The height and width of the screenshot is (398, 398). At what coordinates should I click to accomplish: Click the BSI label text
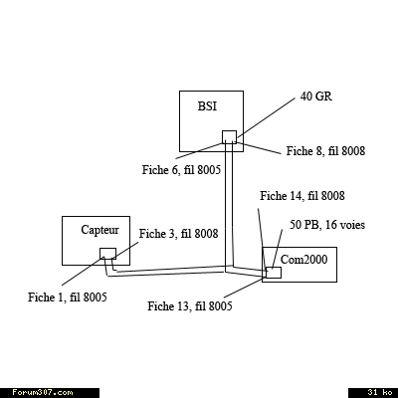(x=207, y=106)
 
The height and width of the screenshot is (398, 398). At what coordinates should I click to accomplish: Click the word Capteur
(x=99, y=230)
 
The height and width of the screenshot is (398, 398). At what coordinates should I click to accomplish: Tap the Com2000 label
(x=303, y=259)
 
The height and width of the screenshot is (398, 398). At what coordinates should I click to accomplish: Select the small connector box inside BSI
(x=229, y=137)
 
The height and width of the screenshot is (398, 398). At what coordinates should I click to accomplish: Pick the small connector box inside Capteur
(x=108, y=254)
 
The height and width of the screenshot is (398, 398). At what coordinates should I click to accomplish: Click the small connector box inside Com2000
(x=274, y=273)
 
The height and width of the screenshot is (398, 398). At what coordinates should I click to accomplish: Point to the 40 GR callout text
(x=316, y=97)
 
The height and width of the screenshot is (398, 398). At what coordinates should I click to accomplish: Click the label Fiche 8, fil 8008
(x=325, y=151)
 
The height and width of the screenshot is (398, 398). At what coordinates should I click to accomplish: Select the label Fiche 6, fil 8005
(x=181, y=170)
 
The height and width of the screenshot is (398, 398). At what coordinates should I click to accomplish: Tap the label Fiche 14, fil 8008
(x=302, y=196)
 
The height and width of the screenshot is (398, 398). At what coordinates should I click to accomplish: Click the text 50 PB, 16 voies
(x=327, y=225)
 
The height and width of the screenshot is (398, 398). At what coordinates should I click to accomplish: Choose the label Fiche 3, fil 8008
(x=178, y=234)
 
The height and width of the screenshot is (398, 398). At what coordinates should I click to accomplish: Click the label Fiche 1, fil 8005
(x=68, y=298)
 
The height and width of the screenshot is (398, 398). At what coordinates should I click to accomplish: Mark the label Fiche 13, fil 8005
(x=190, y=306)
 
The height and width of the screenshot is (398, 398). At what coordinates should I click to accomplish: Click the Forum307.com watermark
(x=43, y=393)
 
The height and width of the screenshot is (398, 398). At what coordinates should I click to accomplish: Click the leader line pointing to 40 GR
(x=266, y=117)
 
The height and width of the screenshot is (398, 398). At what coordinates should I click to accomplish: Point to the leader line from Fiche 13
(x=245, y=288)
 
